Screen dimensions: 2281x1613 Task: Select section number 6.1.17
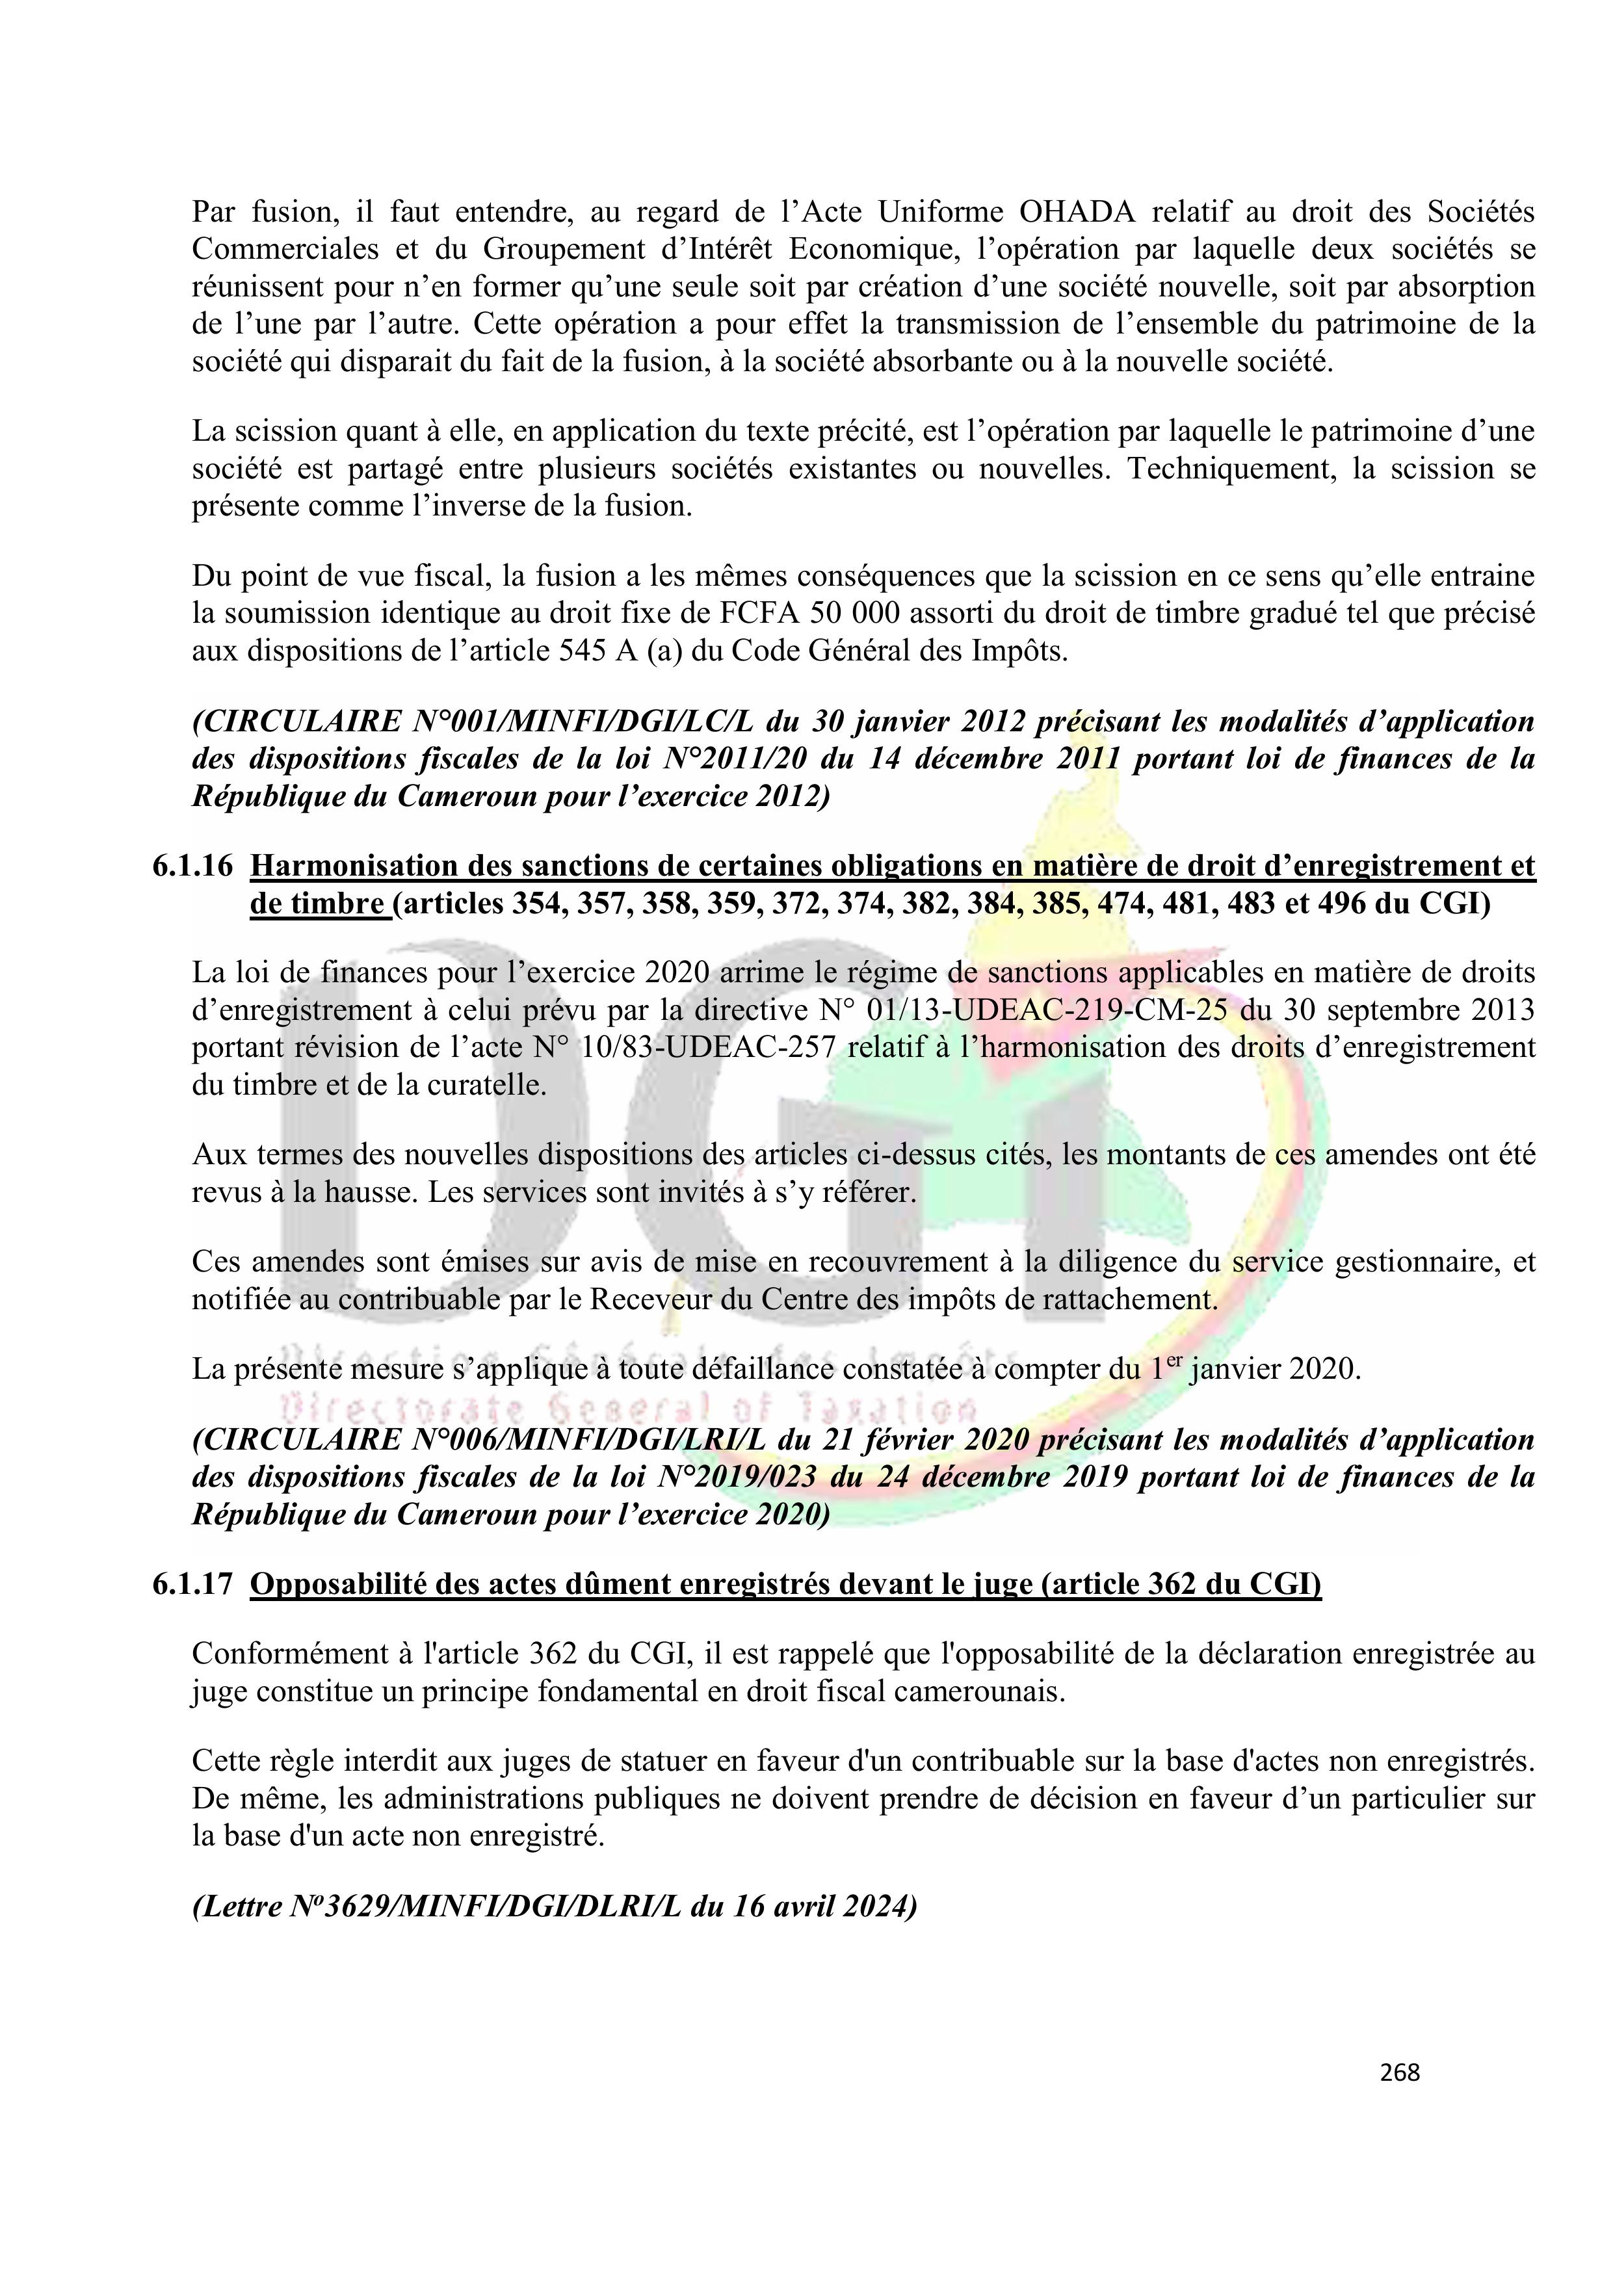pos(193,1584)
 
